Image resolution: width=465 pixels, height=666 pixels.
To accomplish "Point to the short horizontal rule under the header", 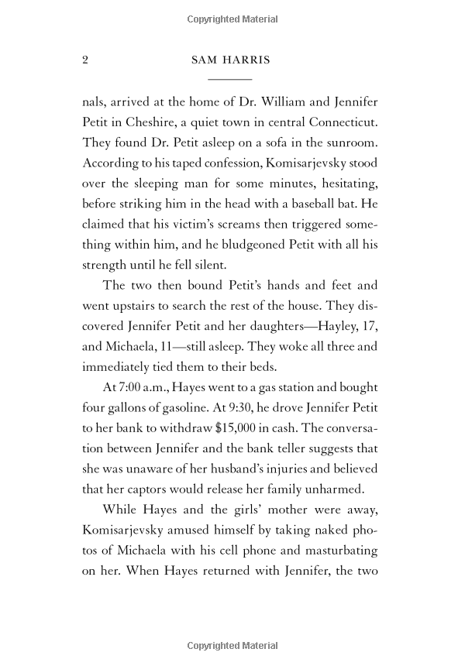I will [x=230, y=80].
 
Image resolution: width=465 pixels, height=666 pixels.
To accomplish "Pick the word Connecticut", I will [x=343, y=122].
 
